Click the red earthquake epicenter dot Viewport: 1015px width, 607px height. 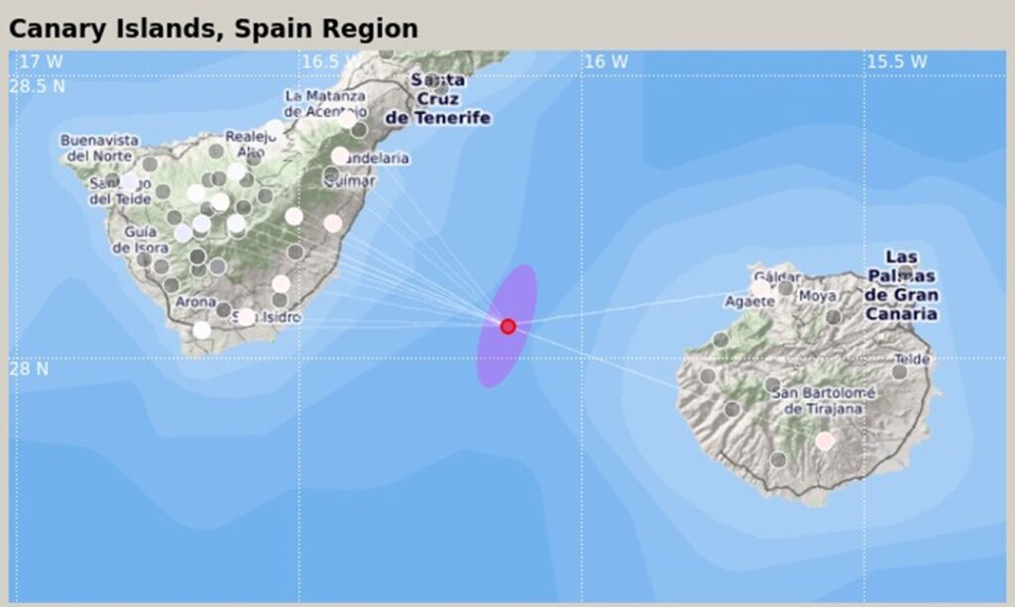[x=507, y=326]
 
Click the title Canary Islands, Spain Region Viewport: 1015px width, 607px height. [x=213, y=29]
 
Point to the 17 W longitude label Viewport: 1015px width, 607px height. [x=42, y=61]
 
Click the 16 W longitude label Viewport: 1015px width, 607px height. [x=606, y=61]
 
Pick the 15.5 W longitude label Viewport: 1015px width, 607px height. [x=897, y=61]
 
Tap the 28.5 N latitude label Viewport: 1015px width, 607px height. [x=38, y=86]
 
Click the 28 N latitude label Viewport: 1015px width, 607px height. [x=29, y=368]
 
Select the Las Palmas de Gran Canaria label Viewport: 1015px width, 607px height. [x=901, y=284]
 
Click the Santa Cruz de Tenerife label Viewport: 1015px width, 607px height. [x=437, y=99]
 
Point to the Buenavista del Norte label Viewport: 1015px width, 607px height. [x=99, y=148]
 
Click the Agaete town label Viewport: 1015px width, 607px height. [x=744, y=301]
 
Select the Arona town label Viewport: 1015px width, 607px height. [x=195, y=303]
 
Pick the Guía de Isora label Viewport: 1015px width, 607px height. [x=140, y=240]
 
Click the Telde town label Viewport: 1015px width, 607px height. [x=912, y=359]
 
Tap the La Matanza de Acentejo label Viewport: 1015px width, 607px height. [x=325, y=103]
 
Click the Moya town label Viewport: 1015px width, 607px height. [x=818, y=295]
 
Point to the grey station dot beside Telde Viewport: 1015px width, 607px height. [x=899, y=372]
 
